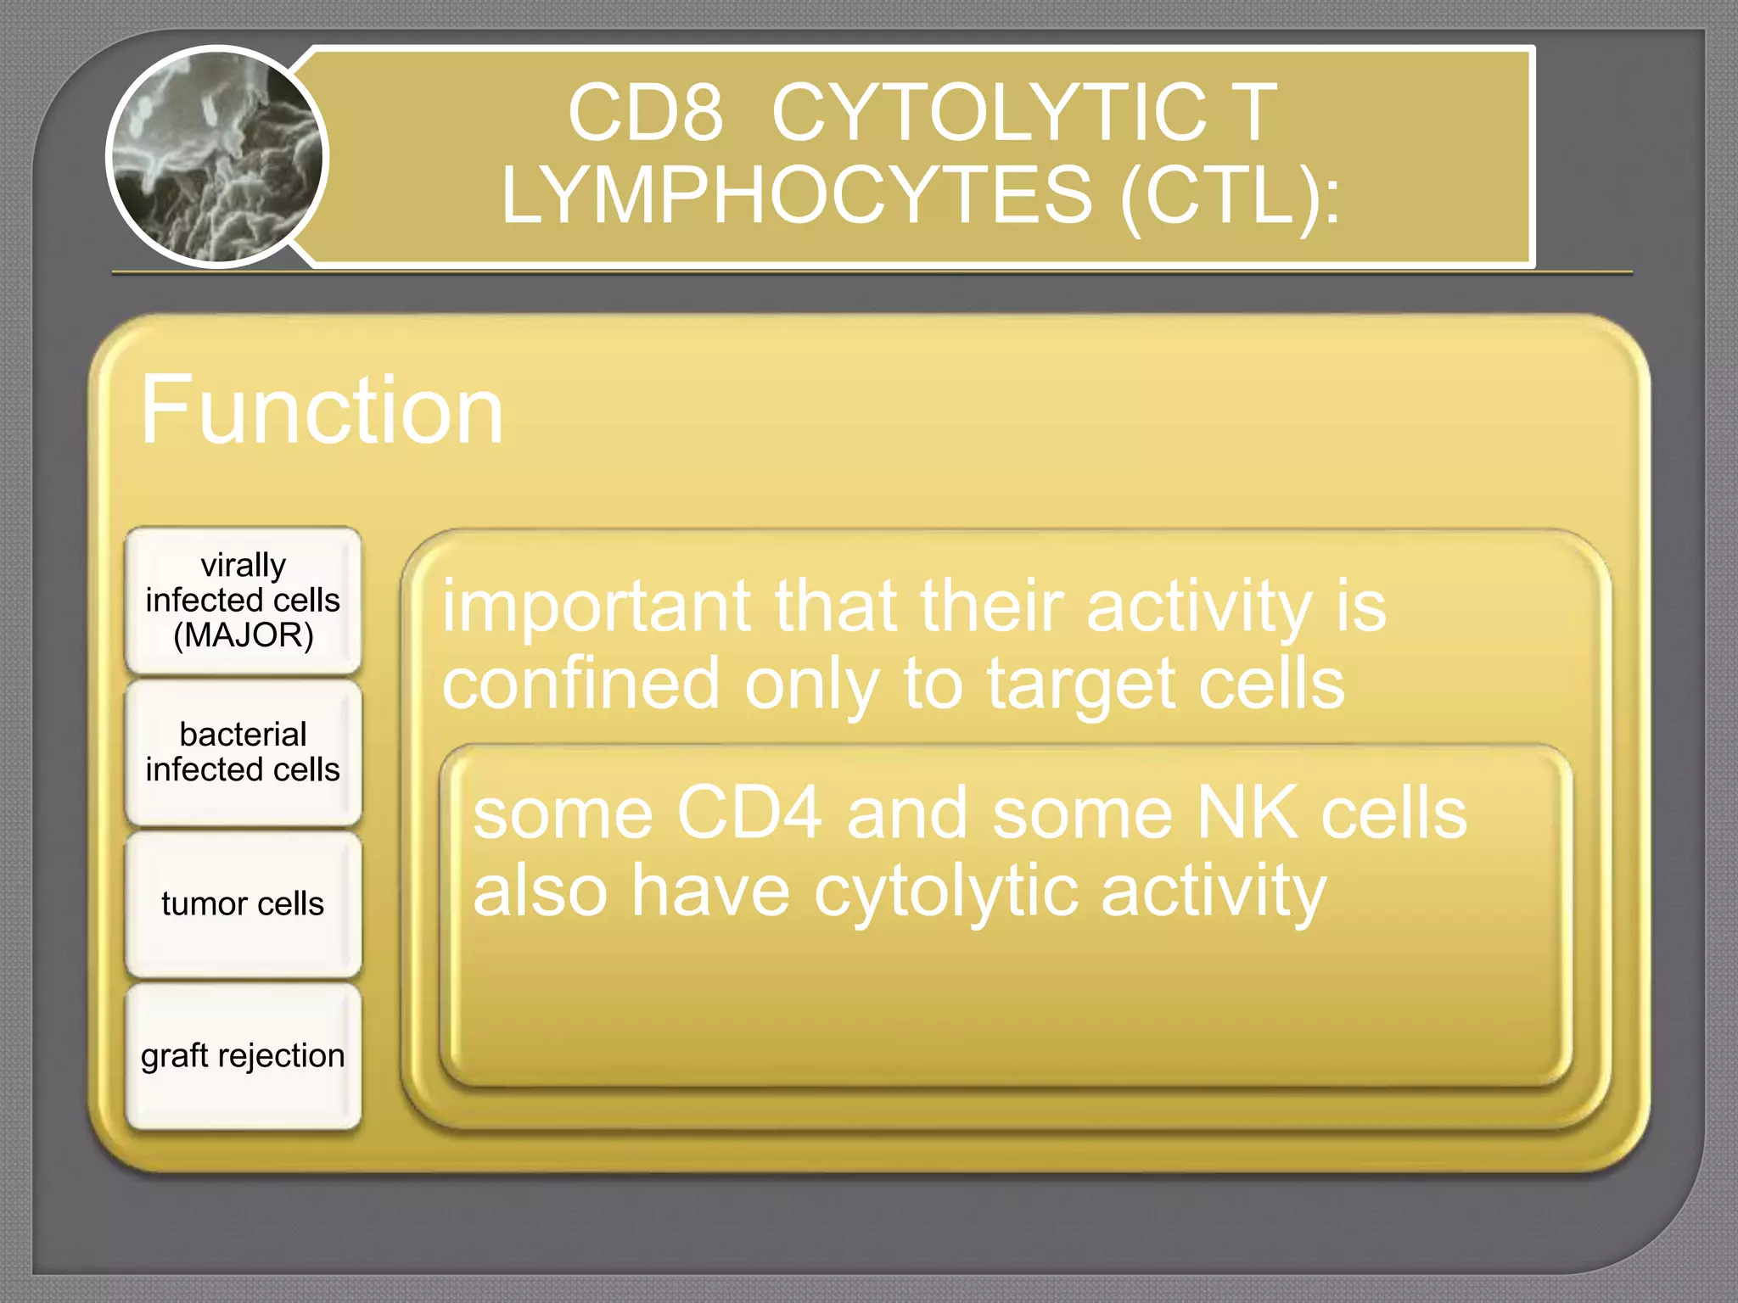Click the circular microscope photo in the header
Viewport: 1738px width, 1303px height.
pyautogui.click(x=217, y=158)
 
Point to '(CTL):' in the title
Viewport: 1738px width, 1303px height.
pyautogui.click(x=1231, y=196)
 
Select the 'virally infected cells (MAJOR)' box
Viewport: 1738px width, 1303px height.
pyautogui.click(x=244, y=601)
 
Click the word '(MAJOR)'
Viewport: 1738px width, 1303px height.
pyautogui.click(x=244, y=635)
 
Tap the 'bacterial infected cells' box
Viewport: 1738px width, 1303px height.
pyautogui.click(x=244, y=752)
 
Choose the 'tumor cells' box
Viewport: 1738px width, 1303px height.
pyautogui.click(x=244, y=904)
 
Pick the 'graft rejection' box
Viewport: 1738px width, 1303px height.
pyautogui.click(x=244, y=1056)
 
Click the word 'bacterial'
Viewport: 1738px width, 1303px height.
pyautogui.click(x=244, y=735)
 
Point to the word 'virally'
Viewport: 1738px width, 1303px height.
pyautogui.click(x=244, y=565)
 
